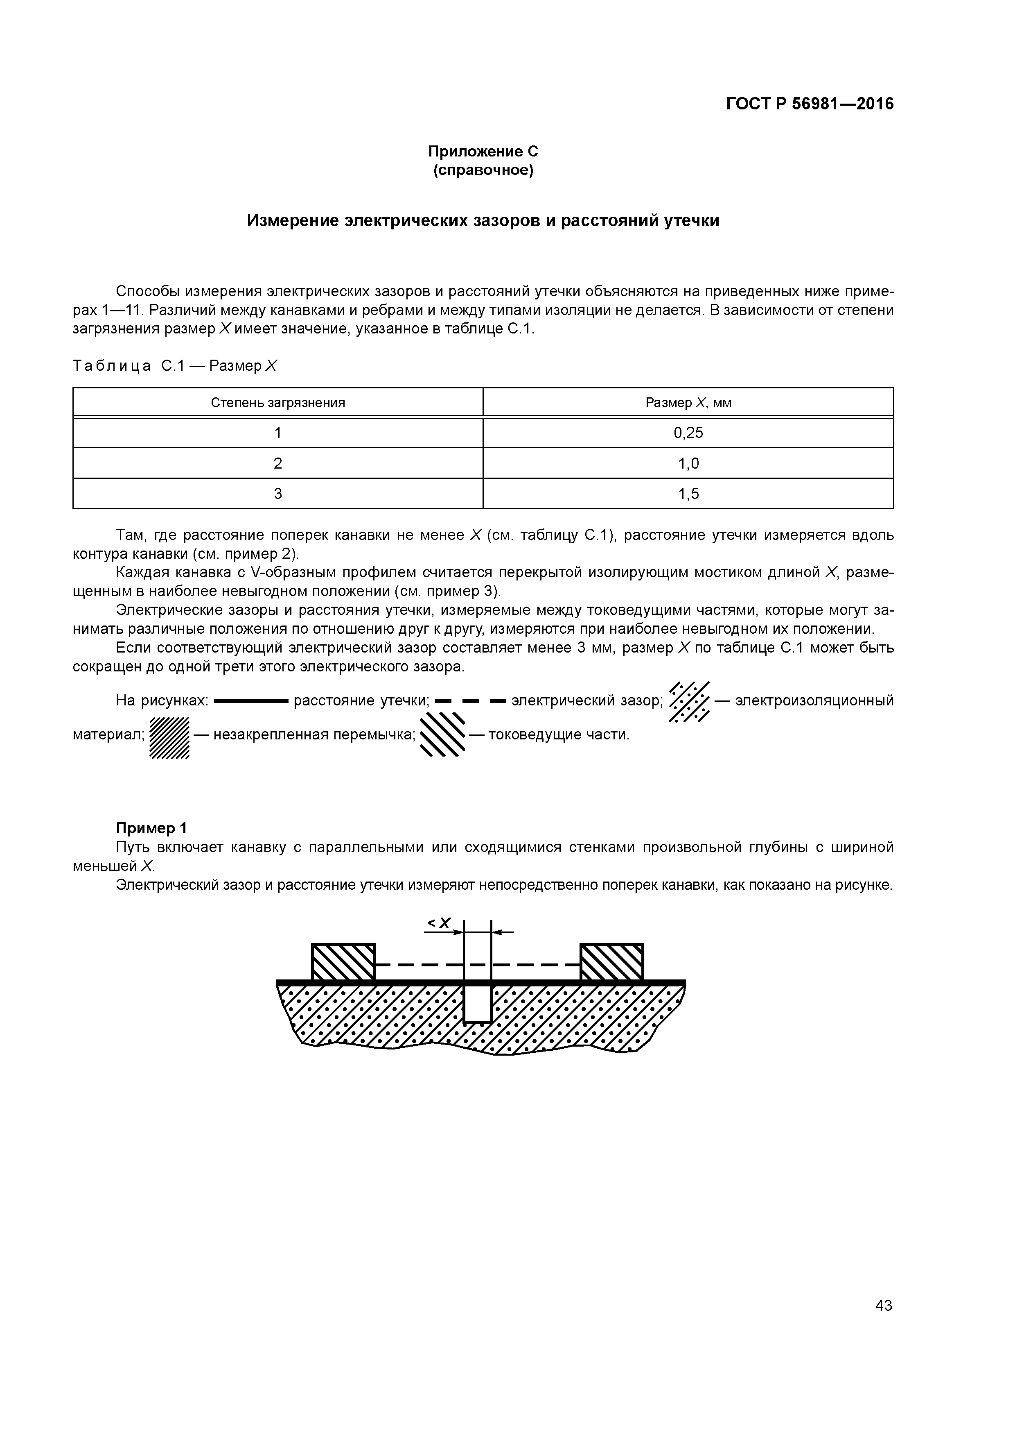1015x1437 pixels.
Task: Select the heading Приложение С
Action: tap(483, 152)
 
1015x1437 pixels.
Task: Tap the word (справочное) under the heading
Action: tap(483, 170)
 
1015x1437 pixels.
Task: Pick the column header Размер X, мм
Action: tap(688, 402)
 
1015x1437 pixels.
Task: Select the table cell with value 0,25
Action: tap(688, 433)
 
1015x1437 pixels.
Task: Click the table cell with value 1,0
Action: tap(688, 463)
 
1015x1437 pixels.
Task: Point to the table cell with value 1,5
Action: tap(688, 494)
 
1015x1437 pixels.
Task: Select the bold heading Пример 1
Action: tap(151, 829)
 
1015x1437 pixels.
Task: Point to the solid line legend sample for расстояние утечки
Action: tap(250, 701)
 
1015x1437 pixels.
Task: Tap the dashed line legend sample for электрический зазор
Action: tap(470, 701)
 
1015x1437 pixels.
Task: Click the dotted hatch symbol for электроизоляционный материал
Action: tap(689, 701)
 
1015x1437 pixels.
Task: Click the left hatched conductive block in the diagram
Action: tap(343, 962)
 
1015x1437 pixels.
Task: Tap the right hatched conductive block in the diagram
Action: tap(611, 962)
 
